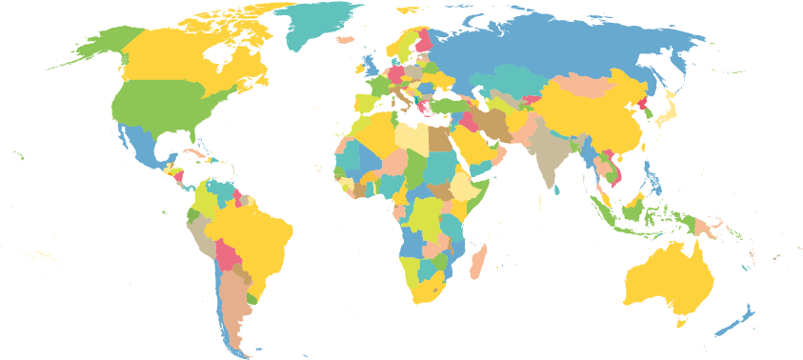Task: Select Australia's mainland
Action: [667, 276]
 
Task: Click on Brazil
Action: [252, 233]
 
